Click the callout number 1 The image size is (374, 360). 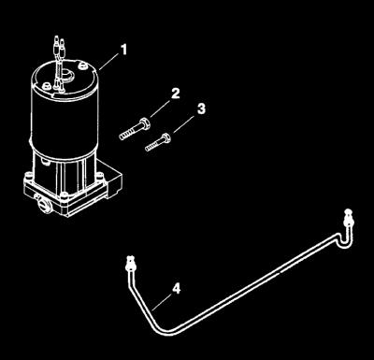124,50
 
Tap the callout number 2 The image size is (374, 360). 176,94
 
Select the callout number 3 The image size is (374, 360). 201,109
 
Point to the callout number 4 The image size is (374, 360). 177,289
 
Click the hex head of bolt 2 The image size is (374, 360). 145,122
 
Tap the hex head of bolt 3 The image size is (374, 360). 165,137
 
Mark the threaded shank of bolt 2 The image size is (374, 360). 130,132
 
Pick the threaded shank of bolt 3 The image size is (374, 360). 153,145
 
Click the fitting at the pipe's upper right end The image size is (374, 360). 349,219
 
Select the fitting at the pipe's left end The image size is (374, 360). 130,264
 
